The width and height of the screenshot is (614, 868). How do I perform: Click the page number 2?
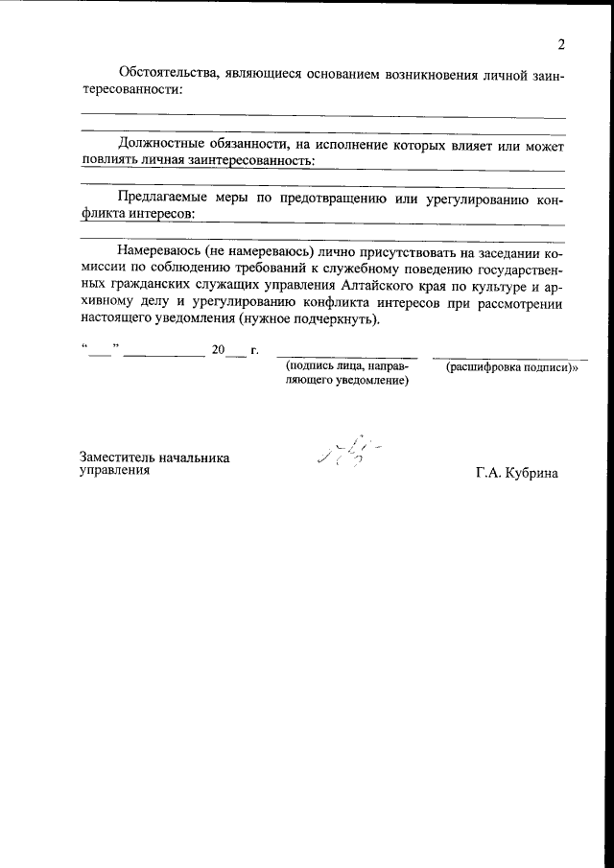(x=560, y=44)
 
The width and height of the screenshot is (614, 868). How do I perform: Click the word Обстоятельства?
(x=162, y=73)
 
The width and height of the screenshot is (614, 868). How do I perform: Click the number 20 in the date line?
(x=219, y=350)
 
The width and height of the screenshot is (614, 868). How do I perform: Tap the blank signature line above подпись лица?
(x=346, y=356)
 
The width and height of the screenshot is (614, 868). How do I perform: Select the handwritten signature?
(x=347, y=451)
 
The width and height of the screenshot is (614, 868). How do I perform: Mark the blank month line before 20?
(x=164, y=356)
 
